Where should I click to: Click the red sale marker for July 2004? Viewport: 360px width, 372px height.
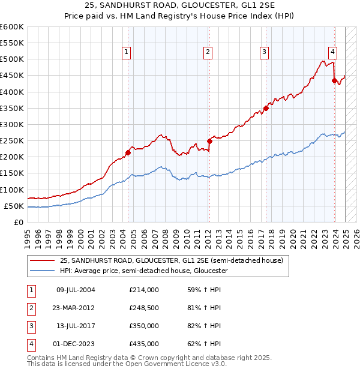[x=128, y=152]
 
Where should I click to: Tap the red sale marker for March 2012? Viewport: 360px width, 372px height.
[x=209, y=141]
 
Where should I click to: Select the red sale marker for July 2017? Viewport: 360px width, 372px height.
[x=266, y=108]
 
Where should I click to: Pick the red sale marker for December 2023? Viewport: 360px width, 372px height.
[x=334, y=81]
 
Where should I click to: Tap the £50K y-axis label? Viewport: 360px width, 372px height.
[x=14, y=206]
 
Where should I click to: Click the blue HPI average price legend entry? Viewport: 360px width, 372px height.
[x=143, y=271]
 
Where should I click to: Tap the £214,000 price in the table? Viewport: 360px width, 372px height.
[x=144, y=290]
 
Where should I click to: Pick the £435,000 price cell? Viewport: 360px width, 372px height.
[x=144, y=344]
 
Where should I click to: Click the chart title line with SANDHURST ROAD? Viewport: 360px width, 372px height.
[x=180, y=7]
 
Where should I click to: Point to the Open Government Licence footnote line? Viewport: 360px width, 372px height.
[x=127, y=364]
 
